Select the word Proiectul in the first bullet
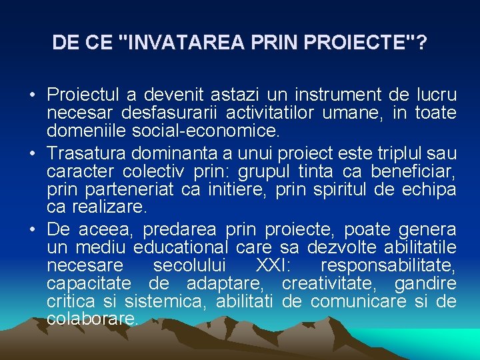click(81, 95)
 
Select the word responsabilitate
click(388, 267)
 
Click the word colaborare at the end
click(93, 319)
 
